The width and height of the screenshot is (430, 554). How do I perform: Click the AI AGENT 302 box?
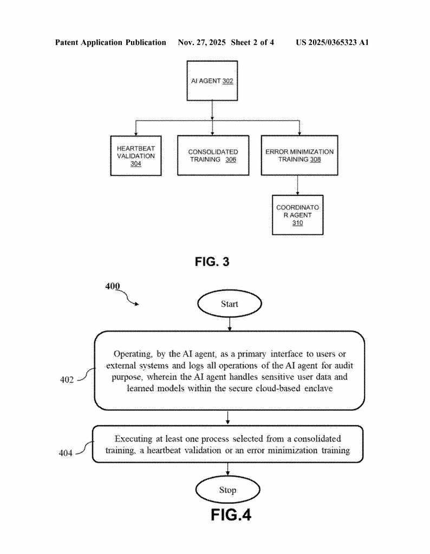click(x=212, y=81)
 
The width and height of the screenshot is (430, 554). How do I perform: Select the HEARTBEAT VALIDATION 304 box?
click(x=135, y=155)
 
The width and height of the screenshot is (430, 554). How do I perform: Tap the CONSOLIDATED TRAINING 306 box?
click(x=213, y=155)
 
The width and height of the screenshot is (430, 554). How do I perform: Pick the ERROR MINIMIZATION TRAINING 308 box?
click(x=299, y=155)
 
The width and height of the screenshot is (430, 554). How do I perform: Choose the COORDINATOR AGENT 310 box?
click(x=297, y=215)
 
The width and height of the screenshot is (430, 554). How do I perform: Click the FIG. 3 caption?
click(x=212, y=262)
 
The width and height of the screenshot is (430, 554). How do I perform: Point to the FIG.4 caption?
click(x=231, y=515)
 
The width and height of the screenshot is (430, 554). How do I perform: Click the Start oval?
click(x=229, y=304)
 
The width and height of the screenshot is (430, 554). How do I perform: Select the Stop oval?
click(x=227, y=490)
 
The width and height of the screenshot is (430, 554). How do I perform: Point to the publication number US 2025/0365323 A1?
click(x=332, y=42)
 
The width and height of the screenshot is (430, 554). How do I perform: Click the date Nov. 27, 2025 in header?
click(x=201, y=42)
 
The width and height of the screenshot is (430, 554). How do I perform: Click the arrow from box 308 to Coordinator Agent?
click(x=298, y=185)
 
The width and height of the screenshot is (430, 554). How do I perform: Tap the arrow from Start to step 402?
click(x=230, y=324)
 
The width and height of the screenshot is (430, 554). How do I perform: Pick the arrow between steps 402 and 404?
click(x=228, y=418)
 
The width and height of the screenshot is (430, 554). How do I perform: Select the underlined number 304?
click(x=135, y=164)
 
